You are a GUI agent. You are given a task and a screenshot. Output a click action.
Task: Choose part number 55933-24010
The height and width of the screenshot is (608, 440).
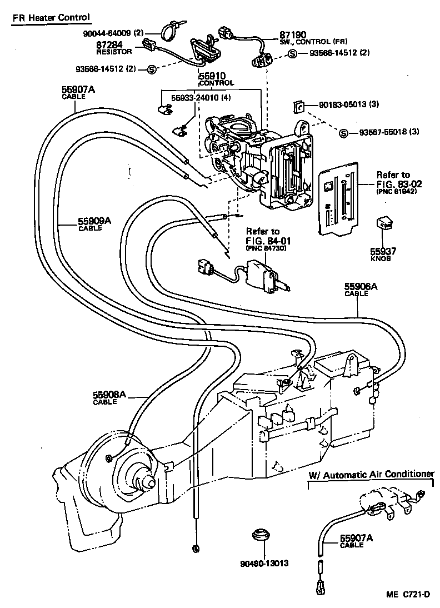click(201, 98)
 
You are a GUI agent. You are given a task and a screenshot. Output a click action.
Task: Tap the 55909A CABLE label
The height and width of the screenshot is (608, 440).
click(94, 223)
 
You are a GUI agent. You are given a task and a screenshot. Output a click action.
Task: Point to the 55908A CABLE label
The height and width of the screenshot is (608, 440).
click(109, 397)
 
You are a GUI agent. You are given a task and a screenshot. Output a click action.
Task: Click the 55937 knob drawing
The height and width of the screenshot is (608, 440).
click(385, 223)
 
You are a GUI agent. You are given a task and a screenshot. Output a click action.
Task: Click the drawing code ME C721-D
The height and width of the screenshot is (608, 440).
click(408, 594)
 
